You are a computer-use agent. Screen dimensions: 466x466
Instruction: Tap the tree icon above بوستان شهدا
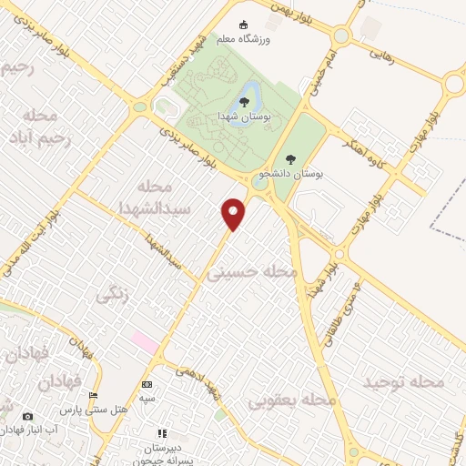point(244,102)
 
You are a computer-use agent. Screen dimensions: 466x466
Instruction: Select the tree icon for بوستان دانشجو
point(290,159)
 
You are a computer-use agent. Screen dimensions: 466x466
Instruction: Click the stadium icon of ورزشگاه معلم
point(242,25)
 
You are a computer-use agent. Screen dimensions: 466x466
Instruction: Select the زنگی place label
point(113,295)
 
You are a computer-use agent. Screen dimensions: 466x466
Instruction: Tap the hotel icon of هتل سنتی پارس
point(93,396)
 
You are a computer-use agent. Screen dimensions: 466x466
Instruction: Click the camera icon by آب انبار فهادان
point(27,416)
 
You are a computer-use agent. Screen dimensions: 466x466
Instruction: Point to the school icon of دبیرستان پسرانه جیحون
point(162,434)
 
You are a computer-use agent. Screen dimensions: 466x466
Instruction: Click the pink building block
point(144,342)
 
